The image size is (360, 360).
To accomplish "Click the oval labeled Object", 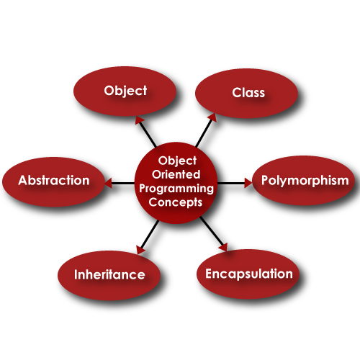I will [125, 91].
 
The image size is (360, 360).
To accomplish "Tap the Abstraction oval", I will [53, 181].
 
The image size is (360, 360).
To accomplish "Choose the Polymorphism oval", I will [304, 181].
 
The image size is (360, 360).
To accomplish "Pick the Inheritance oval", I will [109, 274].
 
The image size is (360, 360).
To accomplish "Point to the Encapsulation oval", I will [248, 274].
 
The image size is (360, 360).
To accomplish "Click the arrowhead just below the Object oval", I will [140, 120].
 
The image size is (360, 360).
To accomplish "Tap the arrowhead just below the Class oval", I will [211, 117].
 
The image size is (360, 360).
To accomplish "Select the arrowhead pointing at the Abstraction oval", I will [108, 184].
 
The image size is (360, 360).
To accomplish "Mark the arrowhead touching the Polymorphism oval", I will [248, 183].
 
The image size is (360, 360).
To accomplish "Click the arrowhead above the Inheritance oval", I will [140, 250].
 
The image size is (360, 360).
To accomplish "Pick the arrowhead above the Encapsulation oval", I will [222, 248].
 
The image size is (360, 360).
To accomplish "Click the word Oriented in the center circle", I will [176, 175].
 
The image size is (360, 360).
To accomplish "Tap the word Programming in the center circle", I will [176, 189].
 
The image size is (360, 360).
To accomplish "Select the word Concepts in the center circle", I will [176, 202].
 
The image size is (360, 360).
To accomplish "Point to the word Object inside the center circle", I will [176, 161].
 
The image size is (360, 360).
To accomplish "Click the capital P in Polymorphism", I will [264, 180].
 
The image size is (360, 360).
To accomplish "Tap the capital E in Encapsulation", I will [209, 274].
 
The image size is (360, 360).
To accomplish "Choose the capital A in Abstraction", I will [23, 181].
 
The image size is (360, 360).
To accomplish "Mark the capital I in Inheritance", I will [76, 275].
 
